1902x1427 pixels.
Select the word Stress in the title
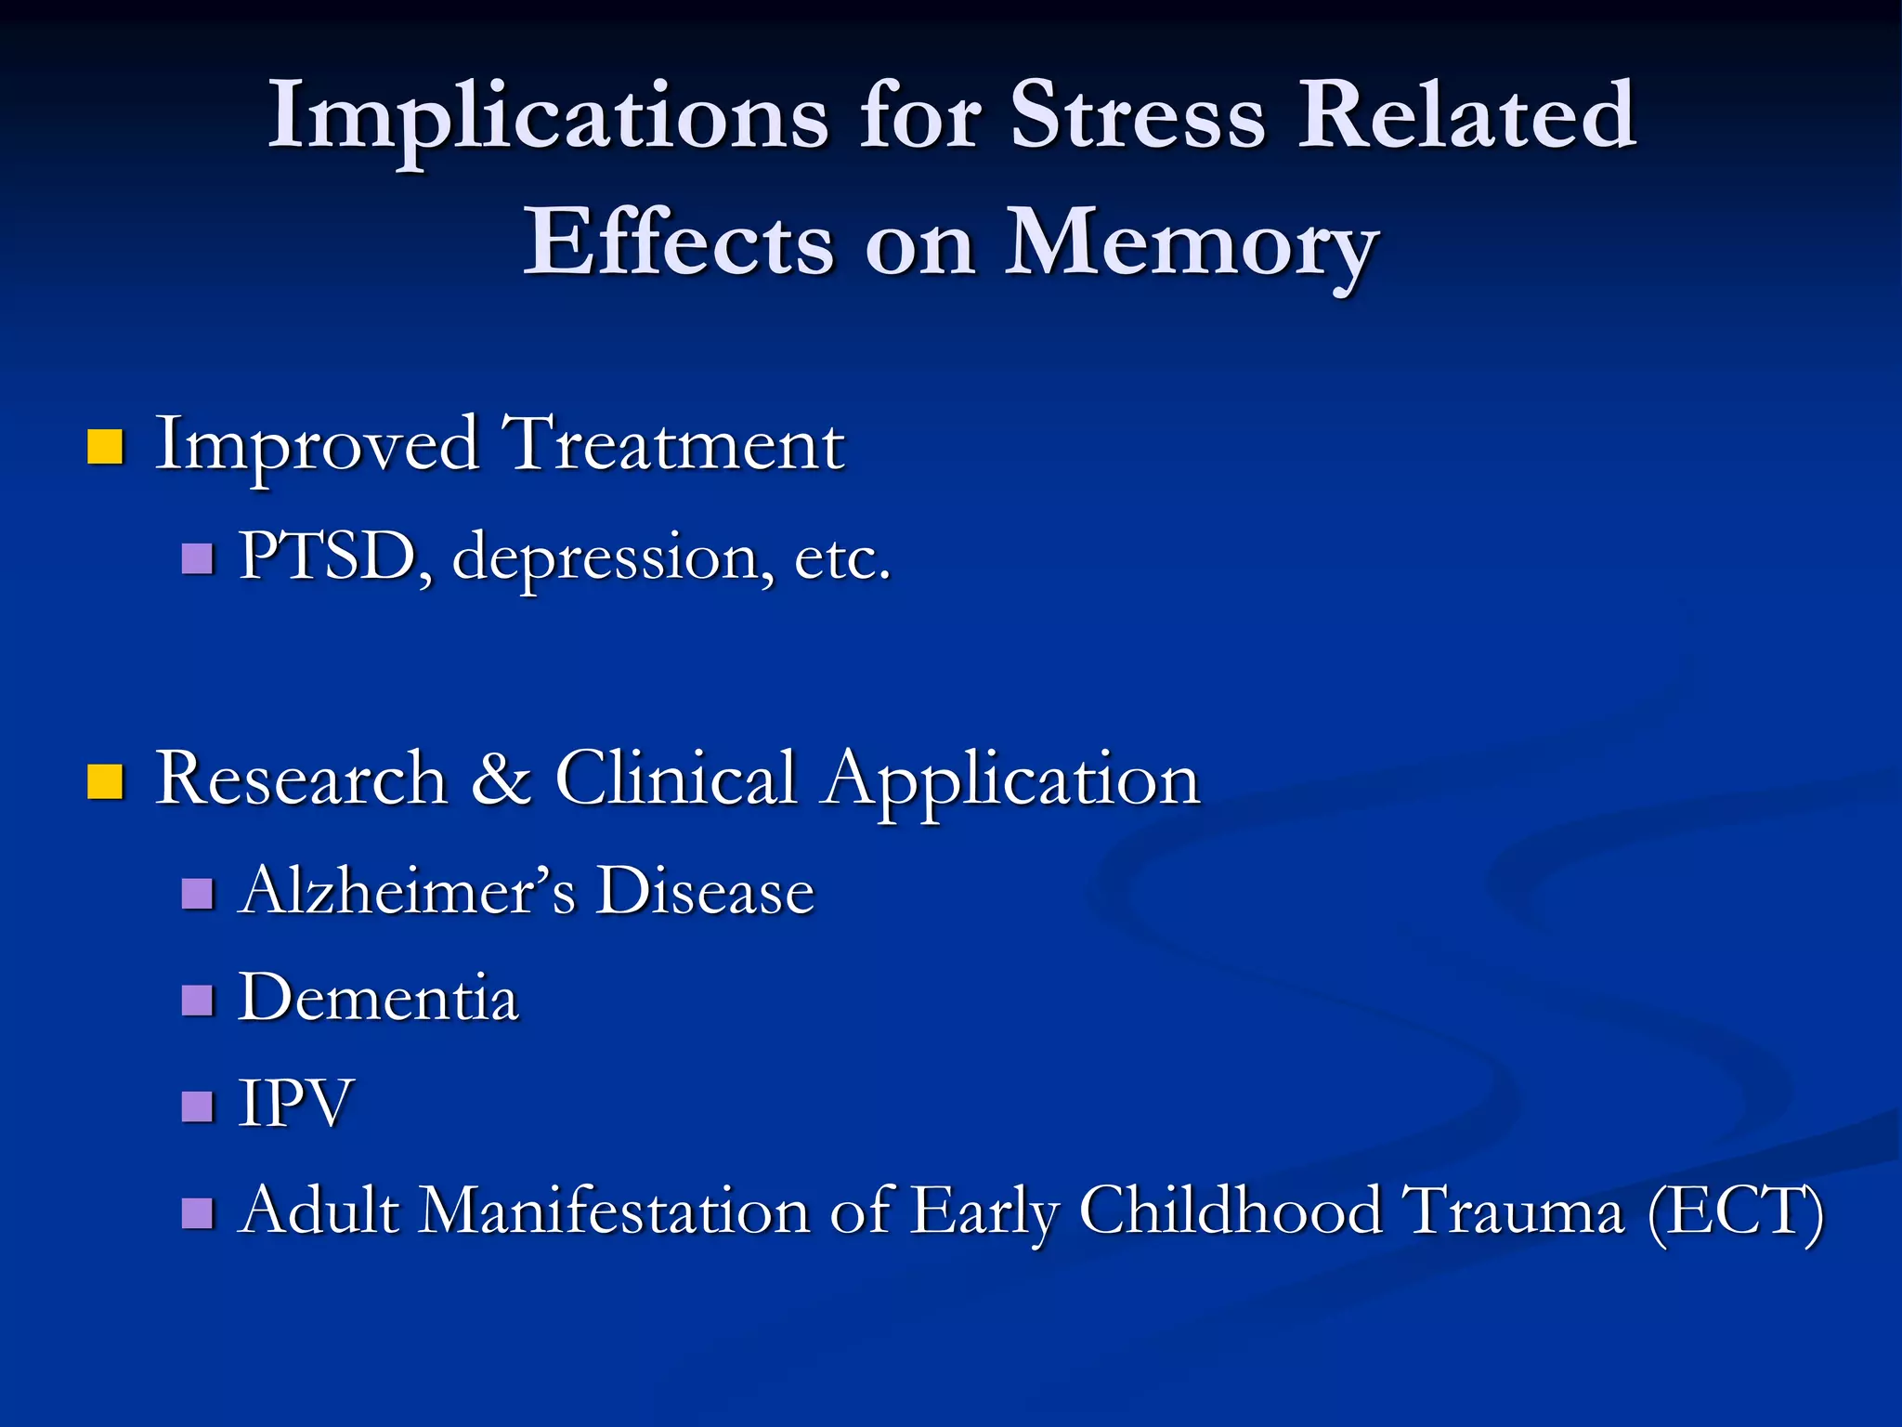coord(1138,116)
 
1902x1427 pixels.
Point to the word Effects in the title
coord(679,243)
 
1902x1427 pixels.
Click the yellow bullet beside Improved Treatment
coord(105,447)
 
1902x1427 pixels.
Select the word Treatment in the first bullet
coord(673,445)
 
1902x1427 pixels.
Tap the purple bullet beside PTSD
coord(198,559)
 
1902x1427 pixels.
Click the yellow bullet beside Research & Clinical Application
coord(105,781)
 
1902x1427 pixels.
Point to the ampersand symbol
coord(502,779)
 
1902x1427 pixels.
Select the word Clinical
coord(676,779)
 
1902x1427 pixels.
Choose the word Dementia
coord(378,999)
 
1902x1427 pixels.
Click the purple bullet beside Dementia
coord(198,1001)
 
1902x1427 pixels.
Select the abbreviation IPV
coord(295,1104)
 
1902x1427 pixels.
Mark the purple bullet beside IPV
coord(198,1106)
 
